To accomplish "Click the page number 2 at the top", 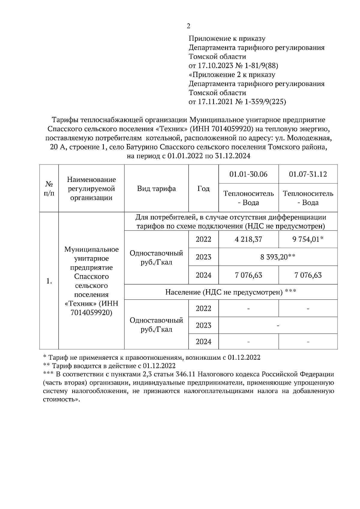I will pyautogui.click(x=188, y=26).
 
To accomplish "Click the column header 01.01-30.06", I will pyautogui.click(x=248, y=174).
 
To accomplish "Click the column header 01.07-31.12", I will pyautogui.click(x=308, y=174).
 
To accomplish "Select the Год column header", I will pyautogui.click(x=203, y=189).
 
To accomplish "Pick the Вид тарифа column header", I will pyautogui.click(x=156, y=189).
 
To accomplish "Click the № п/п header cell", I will pyautogui.click(x=49, y=189).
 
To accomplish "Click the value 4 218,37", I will pyautogui.click(x=248, y=240).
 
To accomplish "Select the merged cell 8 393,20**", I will pyautogui.click(x=278, y=257).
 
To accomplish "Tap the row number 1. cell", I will pyautogui.click(x=49, y=281).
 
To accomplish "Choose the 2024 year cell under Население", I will pyautogui.click(x=203, y=342).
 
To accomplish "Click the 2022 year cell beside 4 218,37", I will pyautogui.click(x=203, y=240).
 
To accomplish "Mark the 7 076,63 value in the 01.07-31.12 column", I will pyautogui.click(x=308, y=275).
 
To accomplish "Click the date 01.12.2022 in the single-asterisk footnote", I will pyautogui.click(x=244, y=358).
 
